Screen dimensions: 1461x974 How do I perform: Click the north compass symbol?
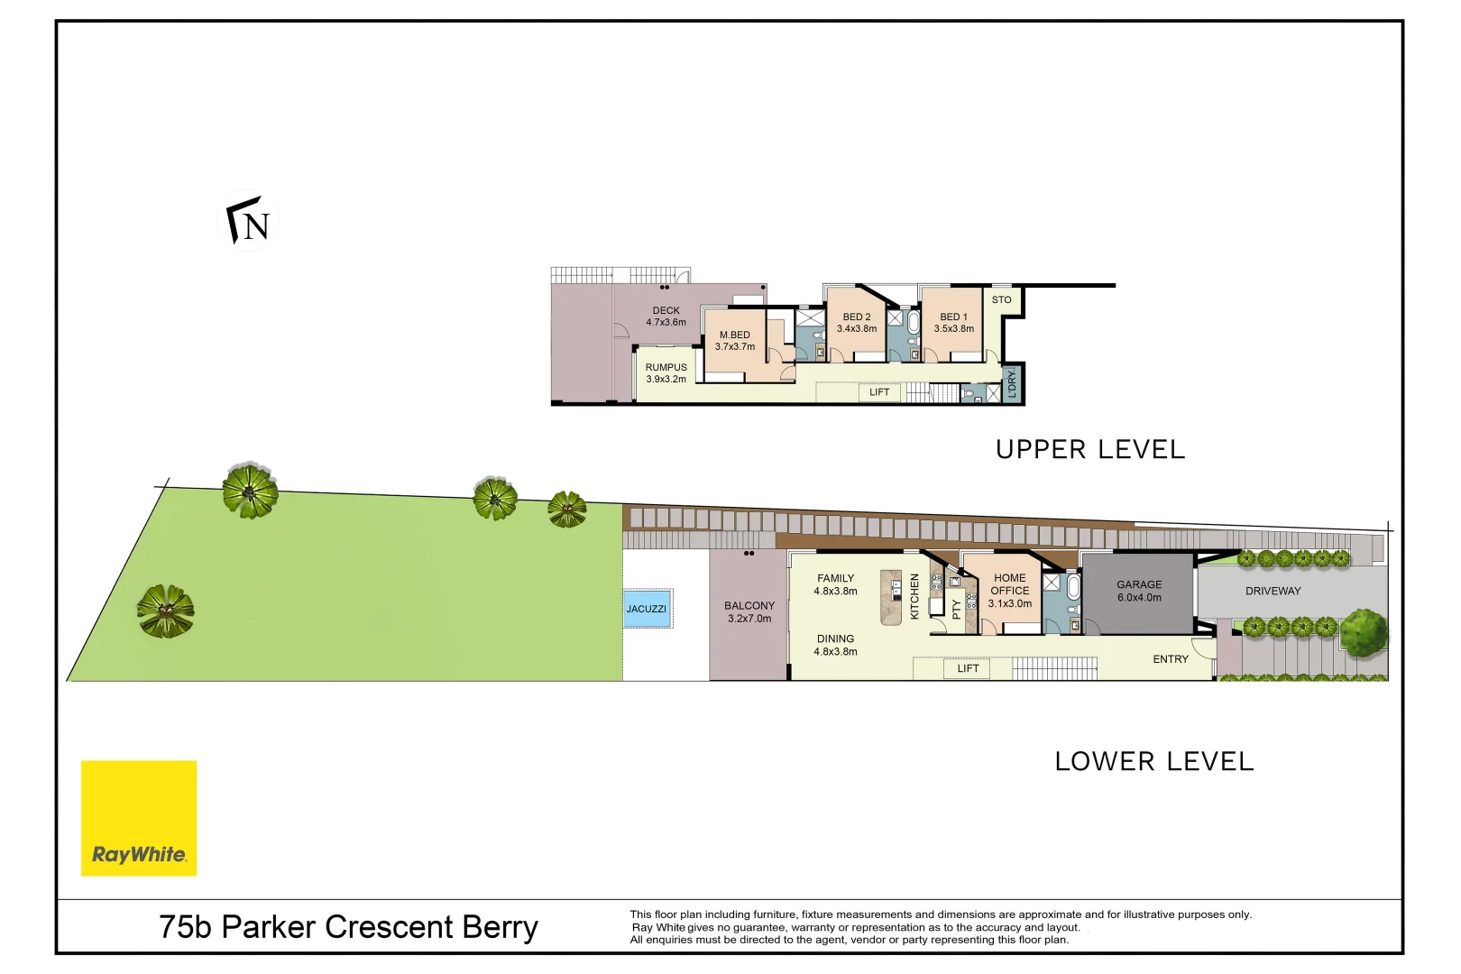point(247,221)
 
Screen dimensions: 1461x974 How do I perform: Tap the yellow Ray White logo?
point(139,818)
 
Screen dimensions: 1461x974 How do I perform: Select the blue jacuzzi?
point(647,609)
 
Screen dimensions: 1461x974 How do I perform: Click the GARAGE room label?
point(1139,584)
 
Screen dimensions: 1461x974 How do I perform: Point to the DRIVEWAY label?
point(1273,591)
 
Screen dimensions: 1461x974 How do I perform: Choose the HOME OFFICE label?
point(1010,583)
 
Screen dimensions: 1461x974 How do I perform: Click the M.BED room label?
point(735,335)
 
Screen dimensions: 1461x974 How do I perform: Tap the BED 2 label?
point(857,317)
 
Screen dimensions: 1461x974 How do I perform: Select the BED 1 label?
point(953,317)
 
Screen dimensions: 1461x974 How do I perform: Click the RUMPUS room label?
point(666,367)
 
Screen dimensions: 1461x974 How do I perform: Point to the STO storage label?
point(1001,300)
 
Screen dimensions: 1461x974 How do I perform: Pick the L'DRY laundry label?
point(1012,384)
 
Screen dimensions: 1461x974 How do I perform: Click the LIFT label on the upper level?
point(879,392)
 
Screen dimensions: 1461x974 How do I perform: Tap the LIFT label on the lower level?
point(968,668)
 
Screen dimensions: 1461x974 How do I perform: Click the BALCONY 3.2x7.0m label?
point(749,612)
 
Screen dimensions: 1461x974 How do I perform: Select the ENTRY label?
point(1171,659)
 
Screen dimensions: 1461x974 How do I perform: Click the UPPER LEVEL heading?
point(1089,449)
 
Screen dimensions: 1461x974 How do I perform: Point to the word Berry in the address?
point(501,927)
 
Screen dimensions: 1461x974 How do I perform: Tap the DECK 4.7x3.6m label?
point(666,317)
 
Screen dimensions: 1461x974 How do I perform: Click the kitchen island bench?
point(891,598)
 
